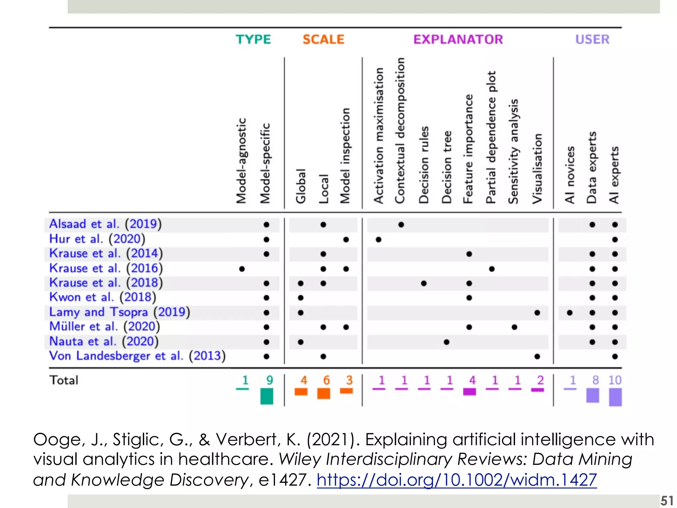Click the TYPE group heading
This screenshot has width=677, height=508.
[253, 39]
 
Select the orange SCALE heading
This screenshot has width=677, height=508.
[323, 39]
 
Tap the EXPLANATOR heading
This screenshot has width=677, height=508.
[458, 39]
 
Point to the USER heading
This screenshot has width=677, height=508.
[592, 39]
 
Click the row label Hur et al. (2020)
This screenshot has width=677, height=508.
[97, 239]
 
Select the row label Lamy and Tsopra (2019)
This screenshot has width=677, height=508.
[119, 312]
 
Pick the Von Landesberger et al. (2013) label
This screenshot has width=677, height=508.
[137, 356]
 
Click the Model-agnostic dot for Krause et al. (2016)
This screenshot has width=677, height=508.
[242, 269]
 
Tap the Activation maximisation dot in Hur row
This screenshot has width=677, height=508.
[378, 239]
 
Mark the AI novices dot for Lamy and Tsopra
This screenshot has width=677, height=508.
[570, 313]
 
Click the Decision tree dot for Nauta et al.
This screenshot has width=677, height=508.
[447, 342]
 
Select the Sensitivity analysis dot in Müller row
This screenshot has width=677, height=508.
[514, 327]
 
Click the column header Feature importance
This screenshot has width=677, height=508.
[468, 149]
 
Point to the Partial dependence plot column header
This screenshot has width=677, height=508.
[491, 137]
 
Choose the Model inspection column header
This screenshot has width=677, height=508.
[345, 155]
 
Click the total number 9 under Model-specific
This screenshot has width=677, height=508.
[269, 380]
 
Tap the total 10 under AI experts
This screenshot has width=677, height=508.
[615, 380]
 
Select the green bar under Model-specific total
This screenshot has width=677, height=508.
[267, 396]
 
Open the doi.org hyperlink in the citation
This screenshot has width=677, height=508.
[457, 480]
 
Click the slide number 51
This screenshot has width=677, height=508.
[667, 501]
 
